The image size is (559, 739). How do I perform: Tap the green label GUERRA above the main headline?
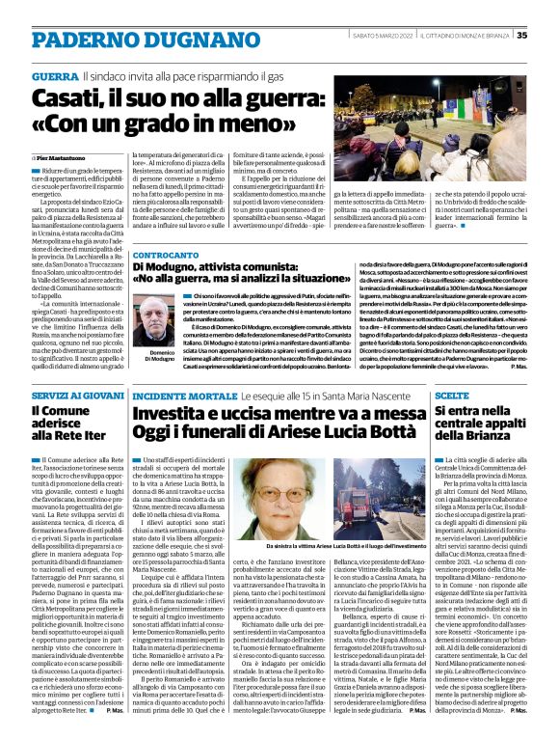tap(54, 75)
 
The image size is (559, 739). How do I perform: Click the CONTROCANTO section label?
tap(167, 256)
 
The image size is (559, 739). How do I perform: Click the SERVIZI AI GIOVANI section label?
tap(72, 396)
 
